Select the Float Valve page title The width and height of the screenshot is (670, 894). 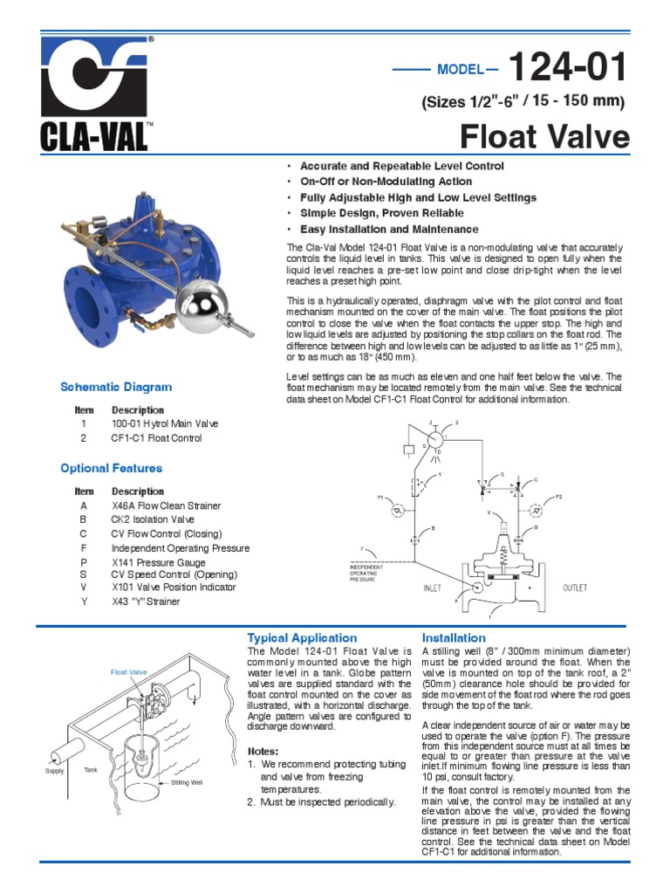click(x=544, y=137)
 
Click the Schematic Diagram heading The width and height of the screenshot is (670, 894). click(x=116, y=387)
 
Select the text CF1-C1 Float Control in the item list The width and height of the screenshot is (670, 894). click(x=156, y=438)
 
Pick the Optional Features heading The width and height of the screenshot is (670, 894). click(x=111, y=468)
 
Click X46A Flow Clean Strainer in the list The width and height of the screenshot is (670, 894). click(x=166, y=505)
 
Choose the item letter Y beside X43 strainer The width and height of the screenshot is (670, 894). click(x=84, y=602)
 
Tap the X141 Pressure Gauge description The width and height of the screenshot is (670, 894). click(x=161, y=563)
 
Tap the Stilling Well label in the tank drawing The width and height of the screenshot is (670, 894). click(x=187, y=782)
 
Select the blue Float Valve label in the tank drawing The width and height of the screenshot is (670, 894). click(x=128, y=672)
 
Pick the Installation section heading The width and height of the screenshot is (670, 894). click(x=454, y=638)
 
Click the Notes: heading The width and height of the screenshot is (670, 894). click(x=263, y=751)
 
